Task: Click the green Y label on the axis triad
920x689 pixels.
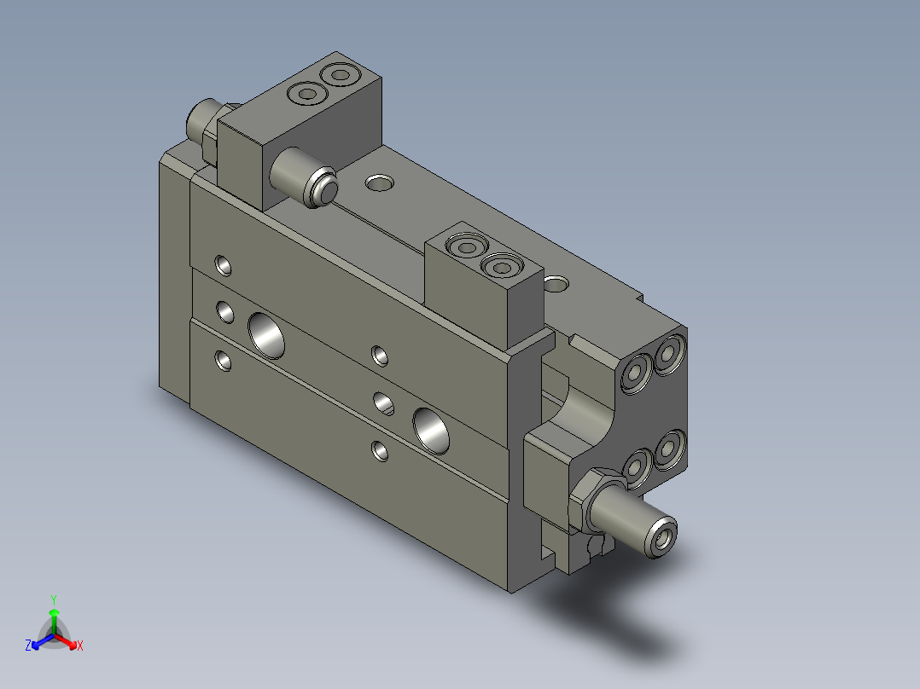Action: pyautogui.click(x=54, y=599)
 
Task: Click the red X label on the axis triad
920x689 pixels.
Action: pyautogui.click(x=79, y=646)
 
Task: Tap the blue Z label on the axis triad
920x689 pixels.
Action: pyautogui.click(x=28, y=646)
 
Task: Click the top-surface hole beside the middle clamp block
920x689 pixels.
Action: pyautogui.click(x=557, y=281)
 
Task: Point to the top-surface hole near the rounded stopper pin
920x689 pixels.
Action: pyautogui.click(x=379, y=182)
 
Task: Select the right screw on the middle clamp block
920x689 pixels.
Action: pyautogui.click(x=501, y=268)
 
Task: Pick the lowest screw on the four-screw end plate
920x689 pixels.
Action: pyautogui.click(x=635, y=468)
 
